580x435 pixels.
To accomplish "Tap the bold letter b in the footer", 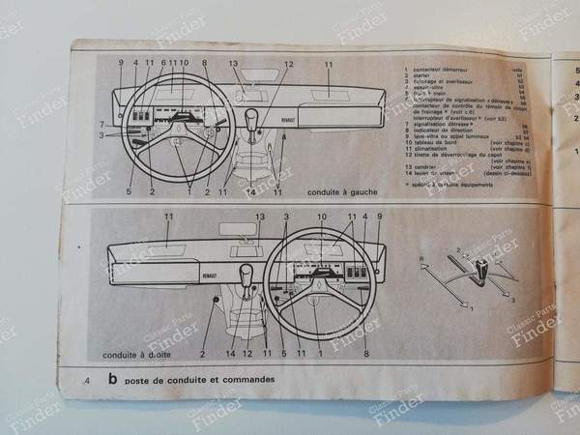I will [113, 380].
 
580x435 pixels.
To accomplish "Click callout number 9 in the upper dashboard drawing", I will [121, 64].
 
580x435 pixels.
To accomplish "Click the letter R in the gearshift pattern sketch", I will [422, 256].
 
